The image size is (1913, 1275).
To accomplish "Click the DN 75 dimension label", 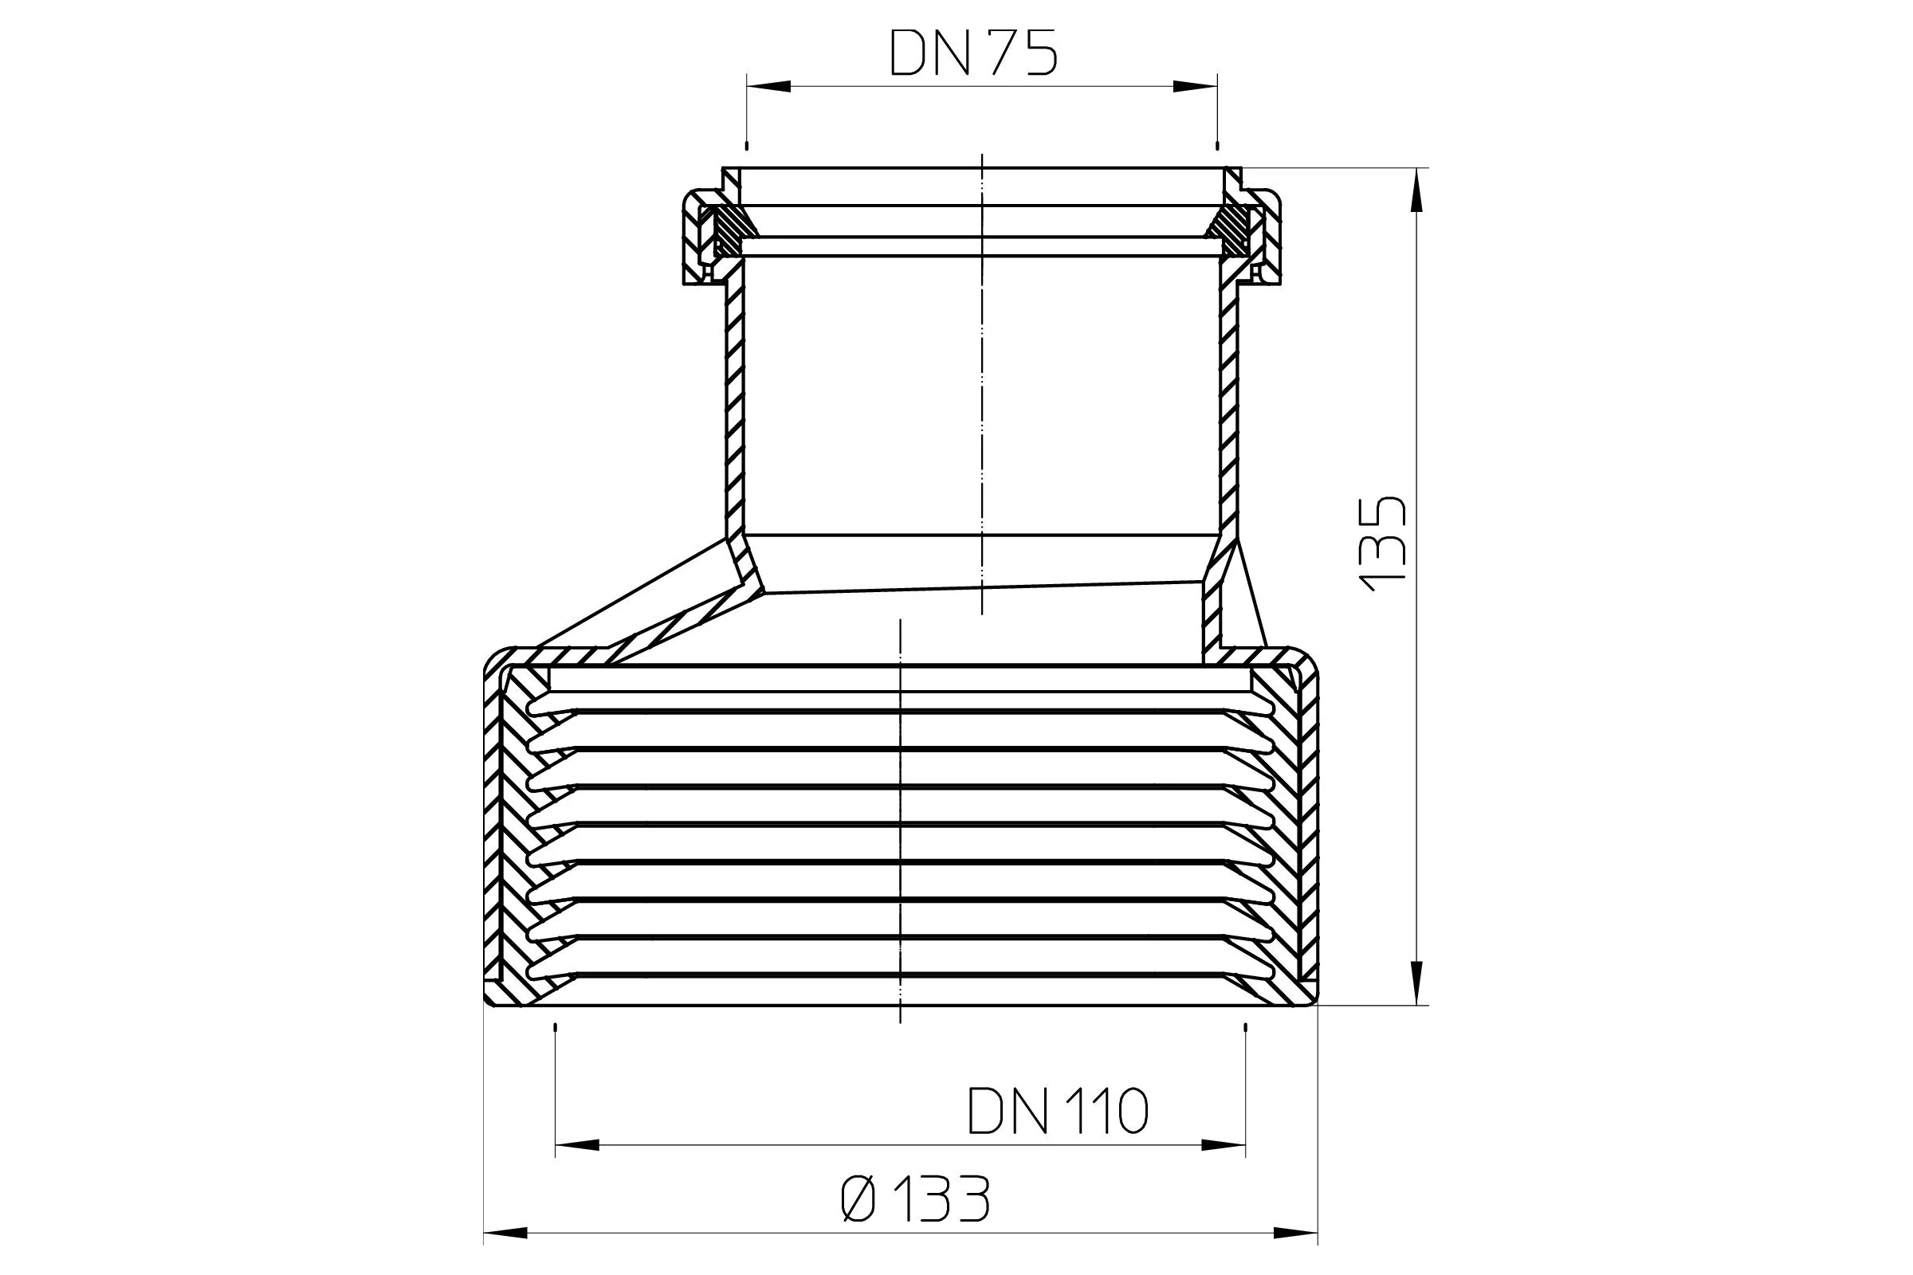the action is pos(973,53).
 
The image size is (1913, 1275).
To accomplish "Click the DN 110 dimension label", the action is pos(1058,1111).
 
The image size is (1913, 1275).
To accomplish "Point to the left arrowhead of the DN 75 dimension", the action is pos(768,86).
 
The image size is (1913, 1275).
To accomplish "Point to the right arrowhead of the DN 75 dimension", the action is pos(1195,86).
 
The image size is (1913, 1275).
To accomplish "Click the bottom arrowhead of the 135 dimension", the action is pos(1417,983).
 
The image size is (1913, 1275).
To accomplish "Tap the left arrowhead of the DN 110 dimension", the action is pos(576,1145).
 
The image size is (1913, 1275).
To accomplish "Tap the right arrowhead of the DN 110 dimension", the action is pos(1224,1145).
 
